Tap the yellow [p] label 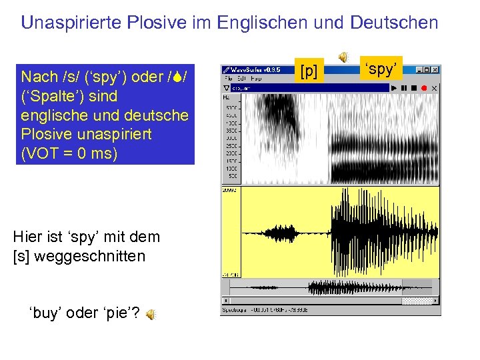tap(309, 69)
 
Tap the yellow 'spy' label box tap(382, 69)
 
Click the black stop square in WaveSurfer tap(414, 88)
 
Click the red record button tap(423, 88)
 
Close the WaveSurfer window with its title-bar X tap(435, 69)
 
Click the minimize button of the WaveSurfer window tap(419, 69)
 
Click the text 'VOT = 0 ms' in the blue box tap(69, 153)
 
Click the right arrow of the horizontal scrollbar tap(436, 301)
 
